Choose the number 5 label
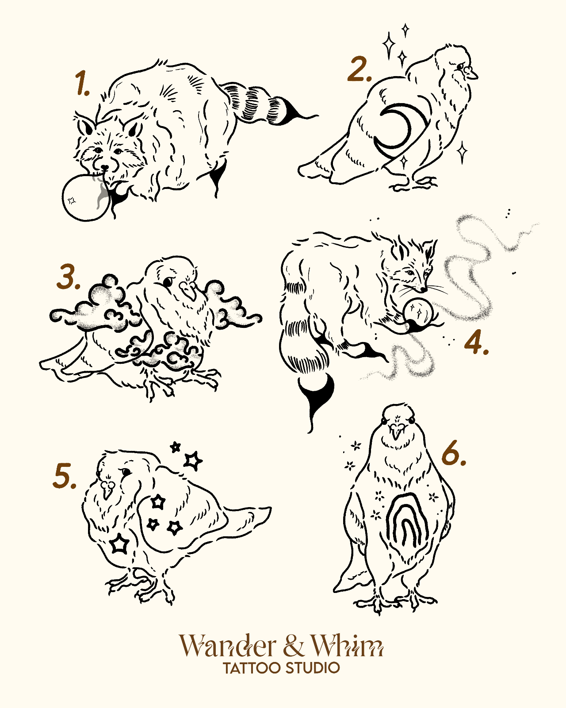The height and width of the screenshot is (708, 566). point(65,475)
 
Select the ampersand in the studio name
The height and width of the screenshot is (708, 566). point(293,646)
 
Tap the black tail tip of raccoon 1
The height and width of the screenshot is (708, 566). point(294,114)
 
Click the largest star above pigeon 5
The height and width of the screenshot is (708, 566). point(193,461)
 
